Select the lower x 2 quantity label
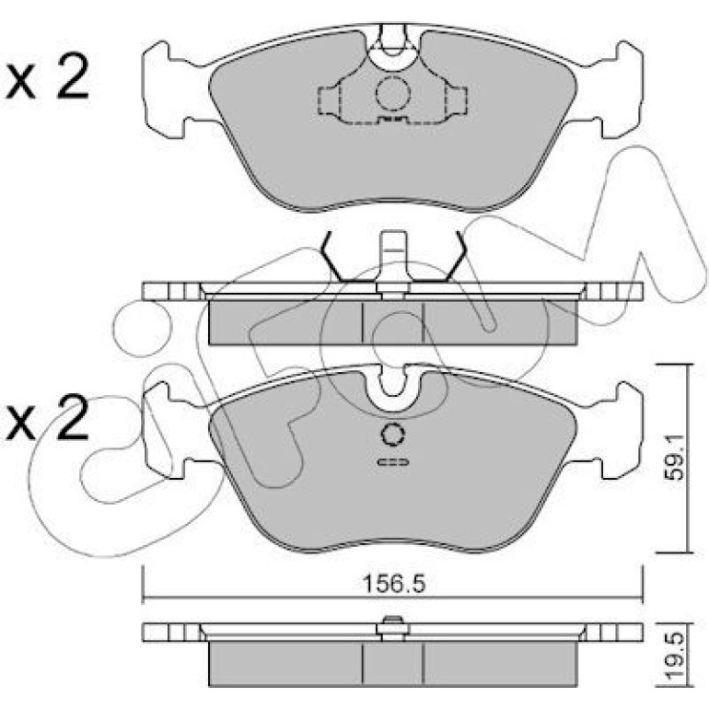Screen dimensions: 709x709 pos(48,416)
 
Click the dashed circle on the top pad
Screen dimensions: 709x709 pos(392,94)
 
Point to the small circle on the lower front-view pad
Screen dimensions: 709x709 pos(393,435)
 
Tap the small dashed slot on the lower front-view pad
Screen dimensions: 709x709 pos(393,461)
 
